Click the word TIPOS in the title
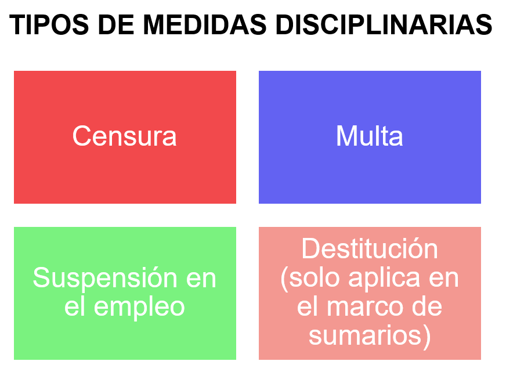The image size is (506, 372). (49, 25)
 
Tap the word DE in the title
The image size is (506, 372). (116, 25)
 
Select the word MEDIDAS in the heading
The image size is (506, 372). (205, 25)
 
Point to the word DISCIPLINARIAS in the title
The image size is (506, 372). (384, 25)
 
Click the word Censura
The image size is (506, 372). (125, 136)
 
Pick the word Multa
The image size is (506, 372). (370, 136)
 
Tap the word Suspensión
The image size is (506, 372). (105, 278)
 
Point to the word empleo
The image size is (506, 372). (139, 308)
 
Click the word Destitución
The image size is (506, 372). (370, 248)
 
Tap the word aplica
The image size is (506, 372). (384, 278)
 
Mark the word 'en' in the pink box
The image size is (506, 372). (444, 279)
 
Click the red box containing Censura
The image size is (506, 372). (125, 137)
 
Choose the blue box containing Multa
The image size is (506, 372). (370, 137)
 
